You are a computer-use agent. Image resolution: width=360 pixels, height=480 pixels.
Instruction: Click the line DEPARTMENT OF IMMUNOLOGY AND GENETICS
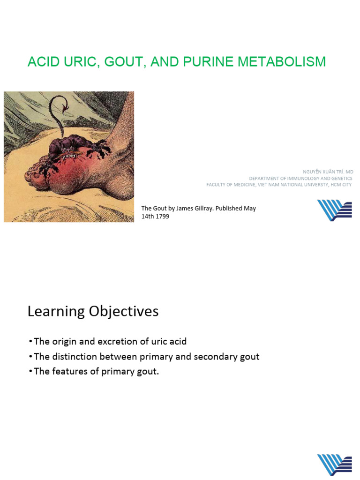tap(300, 179)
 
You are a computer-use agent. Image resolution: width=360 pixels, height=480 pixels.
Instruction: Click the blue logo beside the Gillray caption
tap(334, 210)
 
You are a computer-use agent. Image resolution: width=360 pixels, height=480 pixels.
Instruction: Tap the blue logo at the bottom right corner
tap(334, 465)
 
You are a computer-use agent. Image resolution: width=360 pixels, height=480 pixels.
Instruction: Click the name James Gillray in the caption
tap(191, 209)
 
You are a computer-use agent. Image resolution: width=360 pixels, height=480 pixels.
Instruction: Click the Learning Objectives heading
tap(93, 312)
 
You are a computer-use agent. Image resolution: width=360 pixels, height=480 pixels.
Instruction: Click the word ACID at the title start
tap(43, 61)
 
